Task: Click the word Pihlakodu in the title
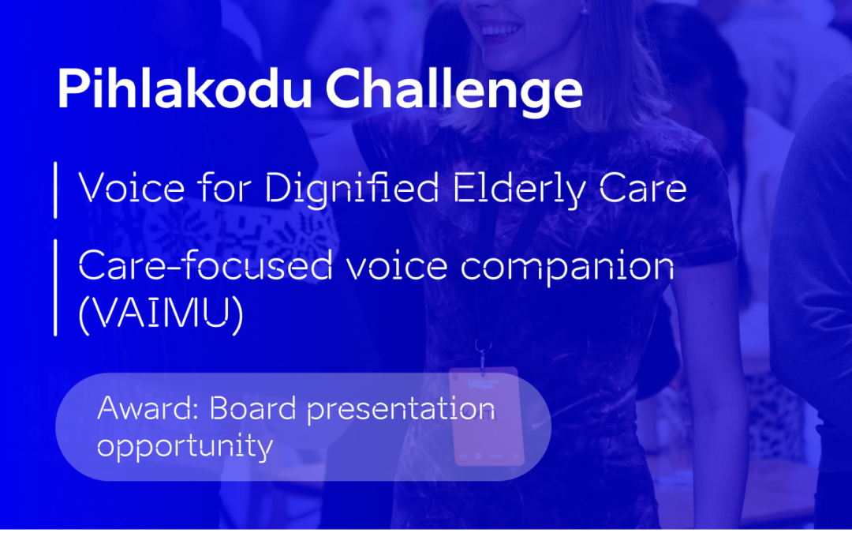185,89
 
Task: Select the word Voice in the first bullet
132,188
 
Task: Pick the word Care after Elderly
644,189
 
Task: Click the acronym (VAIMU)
161,313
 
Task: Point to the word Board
253,408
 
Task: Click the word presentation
401,411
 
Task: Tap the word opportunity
185,448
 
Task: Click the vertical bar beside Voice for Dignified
55,190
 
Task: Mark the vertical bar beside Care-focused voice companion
55,287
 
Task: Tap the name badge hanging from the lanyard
486,417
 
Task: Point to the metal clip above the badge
482,355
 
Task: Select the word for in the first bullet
225,188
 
